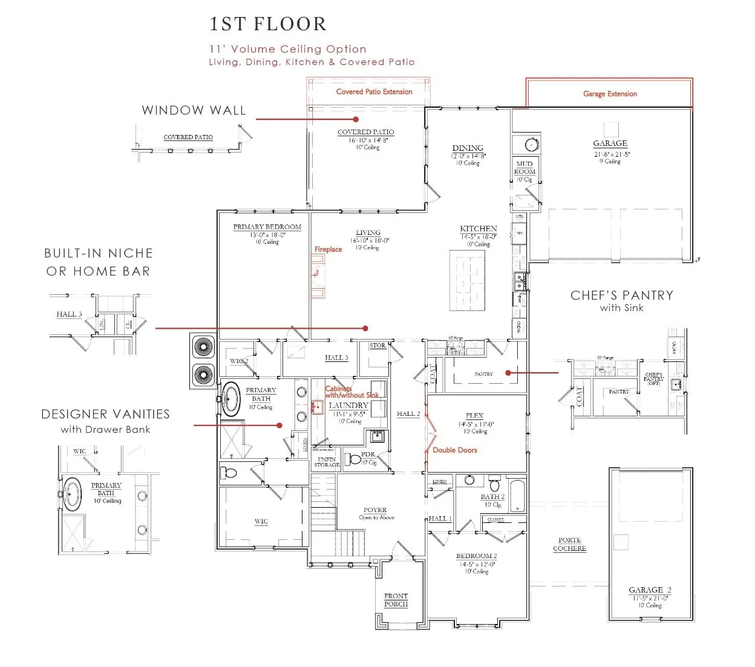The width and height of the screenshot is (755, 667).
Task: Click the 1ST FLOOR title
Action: (x=268, y=24)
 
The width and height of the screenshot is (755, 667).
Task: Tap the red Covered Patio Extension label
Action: (x=374, y=92)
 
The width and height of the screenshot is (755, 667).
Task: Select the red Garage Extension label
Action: (x=610, y=94)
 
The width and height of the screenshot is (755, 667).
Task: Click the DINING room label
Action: (x=468, y=148)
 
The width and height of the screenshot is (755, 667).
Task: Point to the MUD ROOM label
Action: (x=525, y=168)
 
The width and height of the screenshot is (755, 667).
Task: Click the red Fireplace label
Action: (x=328, y=249)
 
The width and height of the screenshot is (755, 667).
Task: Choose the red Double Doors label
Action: (x=454, y=450)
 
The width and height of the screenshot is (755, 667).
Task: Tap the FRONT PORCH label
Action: (x=396, y=600)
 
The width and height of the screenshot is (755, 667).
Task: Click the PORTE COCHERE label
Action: (x=569, y=544)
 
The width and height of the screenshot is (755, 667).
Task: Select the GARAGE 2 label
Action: (x=650, y=590)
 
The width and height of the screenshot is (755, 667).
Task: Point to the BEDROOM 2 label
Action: (x=476, y=556)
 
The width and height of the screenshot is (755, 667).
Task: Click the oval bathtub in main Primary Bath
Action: (x=230, y=399)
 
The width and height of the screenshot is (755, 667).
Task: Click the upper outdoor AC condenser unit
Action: (x=203, y=348)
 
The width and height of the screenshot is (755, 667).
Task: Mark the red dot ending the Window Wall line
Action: (x=356, y=119)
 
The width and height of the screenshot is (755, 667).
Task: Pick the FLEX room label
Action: (x=474, y=416)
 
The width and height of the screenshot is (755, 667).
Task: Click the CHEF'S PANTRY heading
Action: (x=621, y=295)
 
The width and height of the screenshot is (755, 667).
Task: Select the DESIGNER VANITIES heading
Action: (x=105, y=415)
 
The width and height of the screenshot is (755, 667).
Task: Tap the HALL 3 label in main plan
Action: (x=336, y=358)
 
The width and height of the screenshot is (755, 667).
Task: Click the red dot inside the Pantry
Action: (x=508, y=373)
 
